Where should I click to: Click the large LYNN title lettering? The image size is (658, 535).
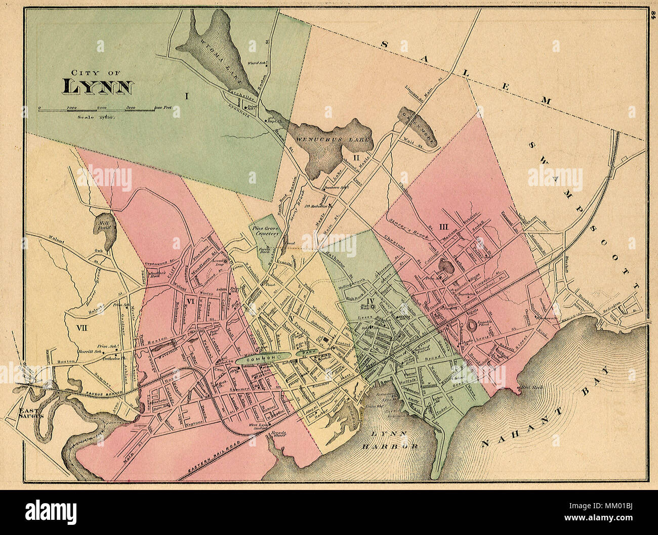pyautogui.click(x=98, y=86)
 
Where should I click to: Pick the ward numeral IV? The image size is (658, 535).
pyautogui.click(x=370, y=302)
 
